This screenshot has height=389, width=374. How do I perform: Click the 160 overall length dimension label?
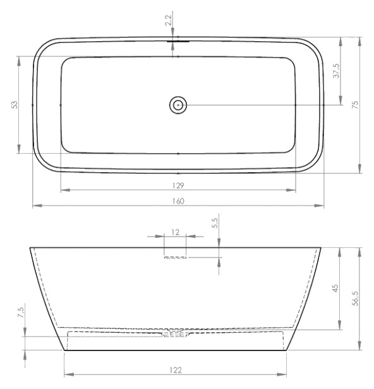point(178,201)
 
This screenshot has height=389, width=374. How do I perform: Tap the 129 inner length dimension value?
point(178,185)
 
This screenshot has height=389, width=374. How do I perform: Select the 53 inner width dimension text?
point(15,105)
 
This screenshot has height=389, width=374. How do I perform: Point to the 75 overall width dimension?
point(355,105)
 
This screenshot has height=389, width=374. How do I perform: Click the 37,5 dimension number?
point(336,71)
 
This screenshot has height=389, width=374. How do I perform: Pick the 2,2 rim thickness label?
point(168,20)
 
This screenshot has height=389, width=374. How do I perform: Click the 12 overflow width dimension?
point(175,233)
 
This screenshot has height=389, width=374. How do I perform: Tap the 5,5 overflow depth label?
point(215,223)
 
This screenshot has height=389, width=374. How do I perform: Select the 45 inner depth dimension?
point(335,288)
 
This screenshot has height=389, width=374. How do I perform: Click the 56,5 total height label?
point(355,299)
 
